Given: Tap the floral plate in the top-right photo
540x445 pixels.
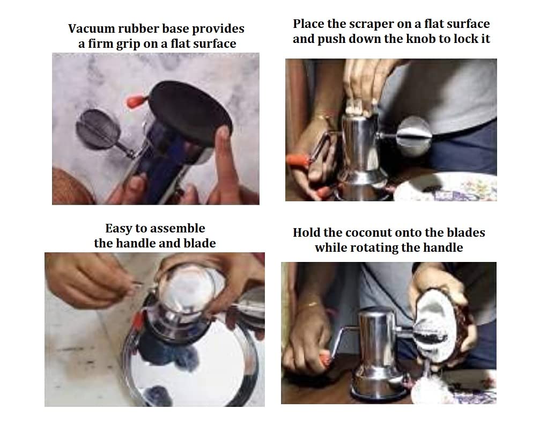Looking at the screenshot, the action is [448, 187].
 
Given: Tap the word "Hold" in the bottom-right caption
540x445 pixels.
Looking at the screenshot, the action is [307, 233].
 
